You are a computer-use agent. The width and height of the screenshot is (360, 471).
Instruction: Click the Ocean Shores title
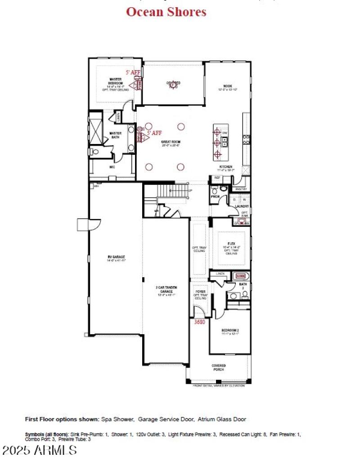pyautogui.click(x=166, y=12)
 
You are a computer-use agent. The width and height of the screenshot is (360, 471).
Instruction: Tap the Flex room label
pyautogui.click(x=231, y=243)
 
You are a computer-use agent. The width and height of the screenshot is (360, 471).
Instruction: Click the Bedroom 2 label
pyautogui.click(x=229, y=332)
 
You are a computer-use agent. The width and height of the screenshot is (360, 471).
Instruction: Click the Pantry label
pyautogui.click(x=241, y=189)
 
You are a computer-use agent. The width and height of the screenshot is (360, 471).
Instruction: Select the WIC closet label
pyautogui.click(x=112, y=166)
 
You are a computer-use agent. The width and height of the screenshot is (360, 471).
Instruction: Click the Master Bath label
pyautogui.click(x=116, y=135)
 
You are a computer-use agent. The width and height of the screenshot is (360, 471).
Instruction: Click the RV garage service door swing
pyautogui.click(x=84, y=224)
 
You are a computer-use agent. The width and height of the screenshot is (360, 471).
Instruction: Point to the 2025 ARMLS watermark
pyautogui.click(x=40, y=450)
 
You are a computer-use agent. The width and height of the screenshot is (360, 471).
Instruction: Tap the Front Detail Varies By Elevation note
pyautogui.click(x=219, y=386)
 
